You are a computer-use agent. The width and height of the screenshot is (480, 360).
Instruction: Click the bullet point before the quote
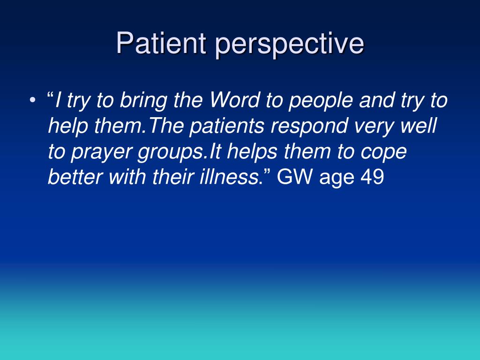32,100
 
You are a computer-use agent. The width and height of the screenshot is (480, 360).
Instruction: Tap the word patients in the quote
227,127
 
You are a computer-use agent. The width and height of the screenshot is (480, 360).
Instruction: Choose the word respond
309,127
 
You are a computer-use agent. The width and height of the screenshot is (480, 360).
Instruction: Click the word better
75,177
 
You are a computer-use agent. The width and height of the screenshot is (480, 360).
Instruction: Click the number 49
372,177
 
